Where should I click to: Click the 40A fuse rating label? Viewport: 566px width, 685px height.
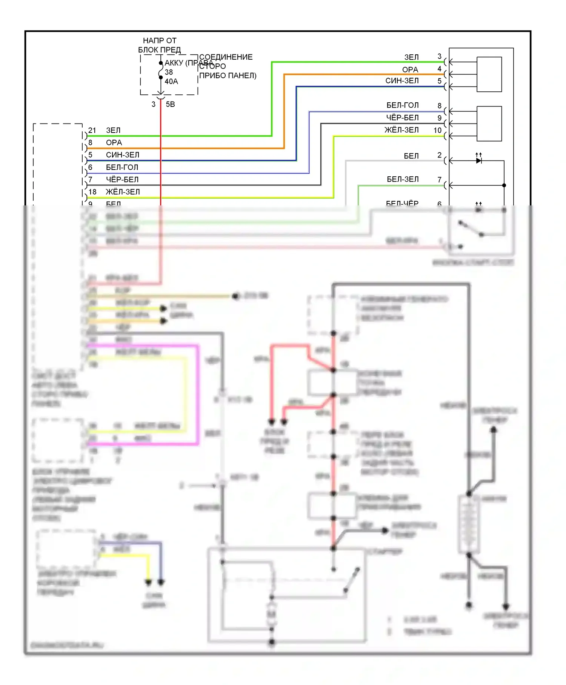(171, 82)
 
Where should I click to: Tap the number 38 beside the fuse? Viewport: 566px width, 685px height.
(169, 72)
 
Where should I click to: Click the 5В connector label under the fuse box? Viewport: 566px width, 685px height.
(171, 104)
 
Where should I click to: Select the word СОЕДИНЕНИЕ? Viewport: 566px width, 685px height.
(226, 57)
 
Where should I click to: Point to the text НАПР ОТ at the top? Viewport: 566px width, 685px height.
(160, 40)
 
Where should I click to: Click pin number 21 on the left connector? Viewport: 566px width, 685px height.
(92, 130)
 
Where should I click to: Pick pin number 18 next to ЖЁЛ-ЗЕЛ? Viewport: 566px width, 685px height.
(92, 192)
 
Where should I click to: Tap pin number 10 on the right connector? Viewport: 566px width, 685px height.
(437, 130)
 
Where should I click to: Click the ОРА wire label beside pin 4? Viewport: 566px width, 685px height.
(410, 69)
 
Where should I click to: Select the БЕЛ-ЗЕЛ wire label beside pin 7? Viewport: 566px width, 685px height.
(403, 179)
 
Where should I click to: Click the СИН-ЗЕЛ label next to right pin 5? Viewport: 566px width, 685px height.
(402, 81)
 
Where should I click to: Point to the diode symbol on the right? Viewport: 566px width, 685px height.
(479, 160)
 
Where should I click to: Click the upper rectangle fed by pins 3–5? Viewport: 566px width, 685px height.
(489, 74)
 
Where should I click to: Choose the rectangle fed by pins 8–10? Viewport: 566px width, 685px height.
(489, 123)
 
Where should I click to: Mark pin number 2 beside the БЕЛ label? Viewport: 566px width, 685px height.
(439, 155)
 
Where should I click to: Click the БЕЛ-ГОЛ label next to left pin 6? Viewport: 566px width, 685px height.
(122, 167)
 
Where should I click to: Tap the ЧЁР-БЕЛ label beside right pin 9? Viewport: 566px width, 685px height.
(402, 118)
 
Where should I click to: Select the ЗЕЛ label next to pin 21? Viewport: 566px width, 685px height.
(113, 130)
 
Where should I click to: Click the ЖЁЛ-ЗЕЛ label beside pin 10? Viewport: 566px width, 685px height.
(401, 130)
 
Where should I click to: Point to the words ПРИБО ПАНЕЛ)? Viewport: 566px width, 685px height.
(228, 76)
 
